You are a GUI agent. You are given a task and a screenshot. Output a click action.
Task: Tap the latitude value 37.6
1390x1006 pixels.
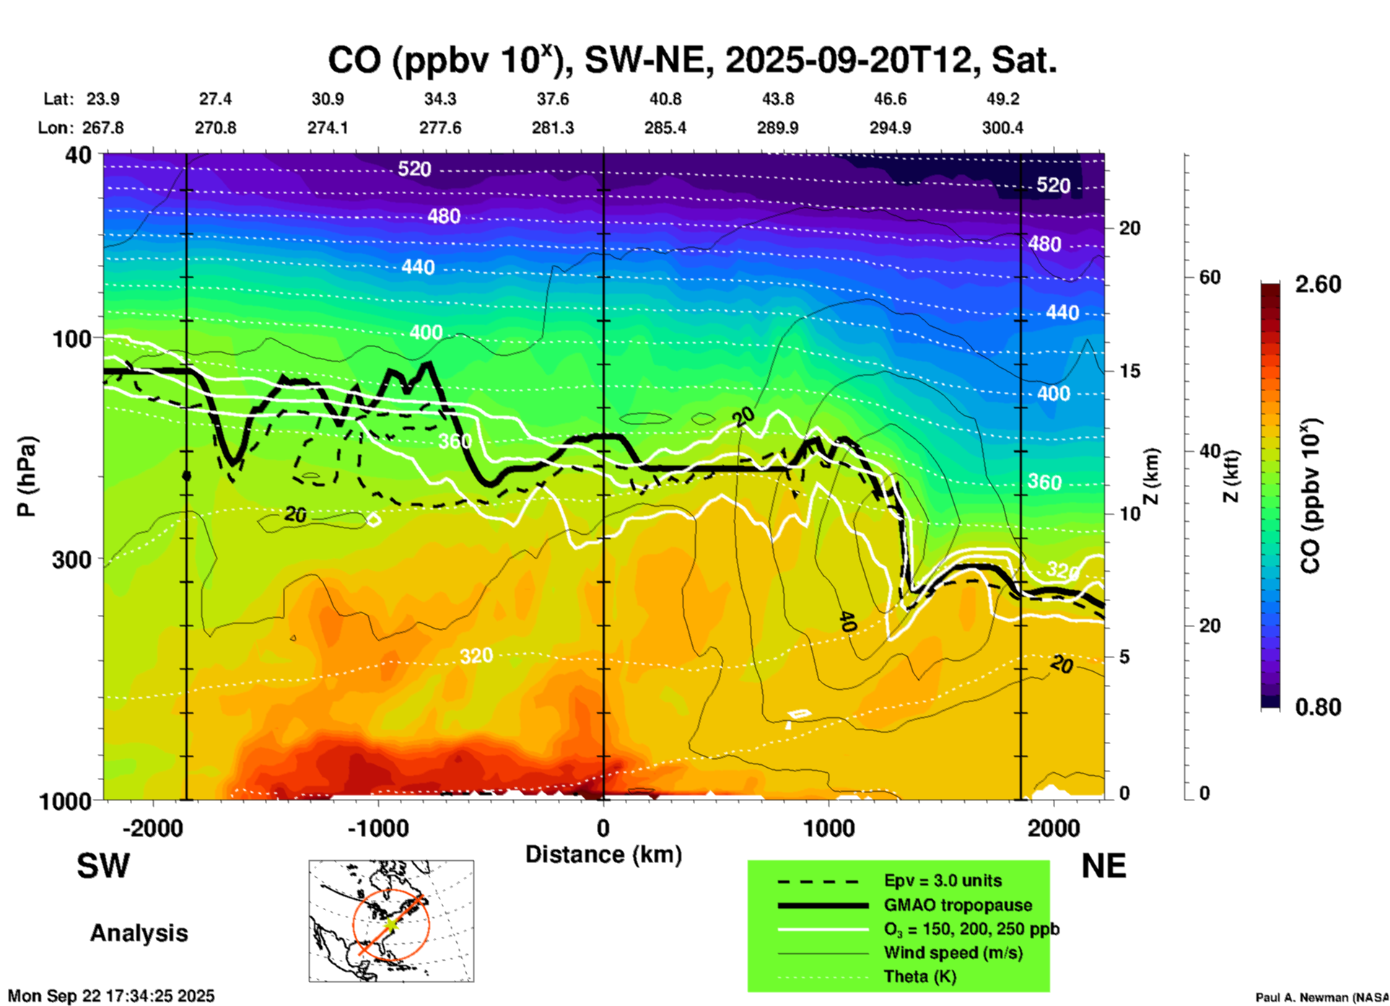pos(553,99)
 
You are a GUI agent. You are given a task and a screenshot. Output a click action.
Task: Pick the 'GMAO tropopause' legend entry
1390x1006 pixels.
pos(958,905)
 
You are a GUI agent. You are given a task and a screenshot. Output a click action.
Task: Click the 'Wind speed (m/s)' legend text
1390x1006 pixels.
pos(953,953)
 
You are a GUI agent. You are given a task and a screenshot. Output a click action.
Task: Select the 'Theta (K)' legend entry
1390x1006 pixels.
pos(919,976)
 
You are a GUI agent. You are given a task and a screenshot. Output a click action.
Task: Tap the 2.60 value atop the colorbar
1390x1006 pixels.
pos(1318,284)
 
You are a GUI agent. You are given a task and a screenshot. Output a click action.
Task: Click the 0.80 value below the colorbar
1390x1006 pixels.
pos(1318,707)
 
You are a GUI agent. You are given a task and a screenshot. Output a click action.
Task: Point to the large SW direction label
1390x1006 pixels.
pos(103,866)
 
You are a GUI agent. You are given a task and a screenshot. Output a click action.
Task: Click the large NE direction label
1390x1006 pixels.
pos(1103,866)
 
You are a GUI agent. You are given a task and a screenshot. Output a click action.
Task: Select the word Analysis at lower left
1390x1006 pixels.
pos(139,933)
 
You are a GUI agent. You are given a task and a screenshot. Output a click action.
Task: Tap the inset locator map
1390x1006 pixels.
pos(391,921)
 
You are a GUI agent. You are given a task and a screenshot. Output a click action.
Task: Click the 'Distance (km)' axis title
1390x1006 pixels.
pos(603,854)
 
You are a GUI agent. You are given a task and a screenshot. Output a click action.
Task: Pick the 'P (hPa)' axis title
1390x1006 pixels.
pos(27,476)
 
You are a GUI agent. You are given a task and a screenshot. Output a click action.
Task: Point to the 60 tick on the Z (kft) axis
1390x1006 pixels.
pos(1209,277)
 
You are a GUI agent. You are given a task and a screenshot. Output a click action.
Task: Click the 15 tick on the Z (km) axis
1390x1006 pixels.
pos(1129,371)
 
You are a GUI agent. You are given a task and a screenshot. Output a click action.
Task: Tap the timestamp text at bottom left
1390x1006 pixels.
pos(111,996)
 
